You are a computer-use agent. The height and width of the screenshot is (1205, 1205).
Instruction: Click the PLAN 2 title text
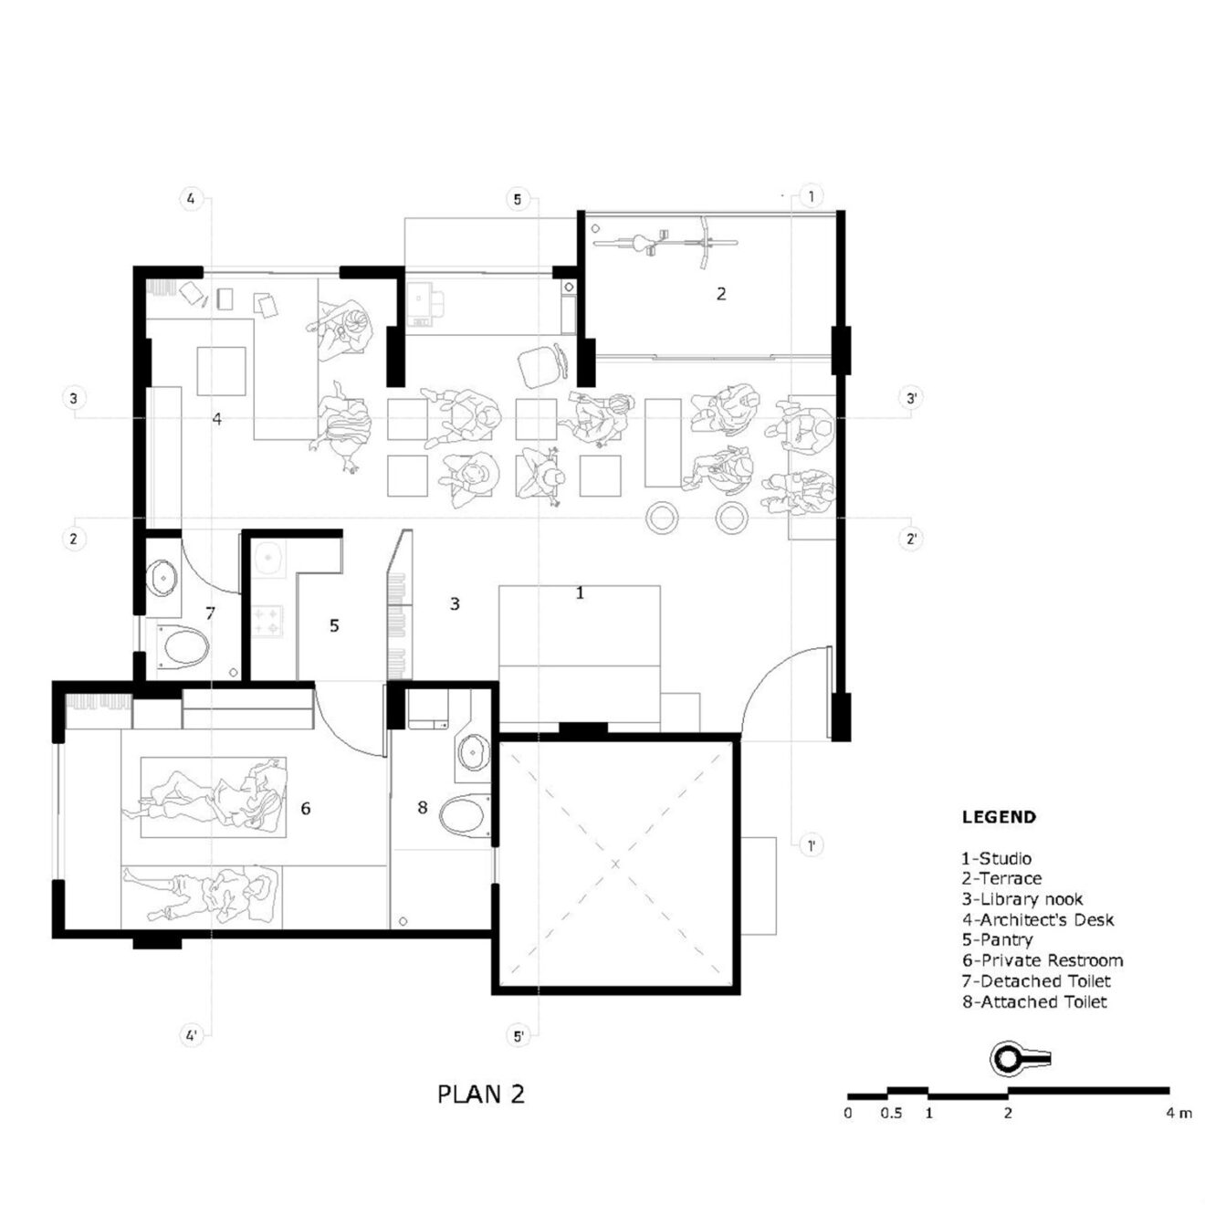481,1094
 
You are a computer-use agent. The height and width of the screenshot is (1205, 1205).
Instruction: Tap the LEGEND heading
999,817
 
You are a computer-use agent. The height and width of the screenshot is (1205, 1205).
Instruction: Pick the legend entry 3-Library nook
1022,899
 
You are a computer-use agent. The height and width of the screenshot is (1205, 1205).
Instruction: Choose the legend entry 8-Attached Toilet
1033,1001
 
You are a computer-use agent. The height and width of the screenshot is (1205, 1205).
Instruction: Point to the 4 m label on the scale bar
1179,1113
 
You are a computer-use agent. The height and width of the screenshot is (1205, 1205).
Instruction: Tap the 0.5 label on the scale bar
891,1113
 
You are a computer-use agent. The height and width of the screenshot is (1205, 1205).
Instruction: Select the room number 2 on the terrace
721,293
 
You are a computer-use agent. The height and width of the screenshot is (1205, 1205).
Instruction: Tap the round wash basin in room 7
163,576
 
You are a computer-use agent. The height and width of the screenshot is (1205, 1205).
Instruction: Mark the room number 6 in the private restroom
306,808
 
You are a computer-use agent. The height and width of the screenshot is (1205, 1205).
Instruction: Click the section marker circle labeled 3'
911,398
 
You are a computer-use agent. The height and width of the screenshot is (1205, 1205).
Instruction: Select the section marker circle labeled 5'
519,1036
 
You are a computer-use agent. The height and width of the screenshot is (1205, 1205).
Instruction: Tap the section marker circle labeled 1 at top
811,196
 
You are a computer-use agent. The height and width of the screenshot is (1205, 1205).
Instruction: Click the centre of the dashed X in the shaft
615,864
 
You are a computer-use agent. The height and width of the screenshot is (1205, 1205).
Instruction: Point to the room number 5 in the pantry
334,625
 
